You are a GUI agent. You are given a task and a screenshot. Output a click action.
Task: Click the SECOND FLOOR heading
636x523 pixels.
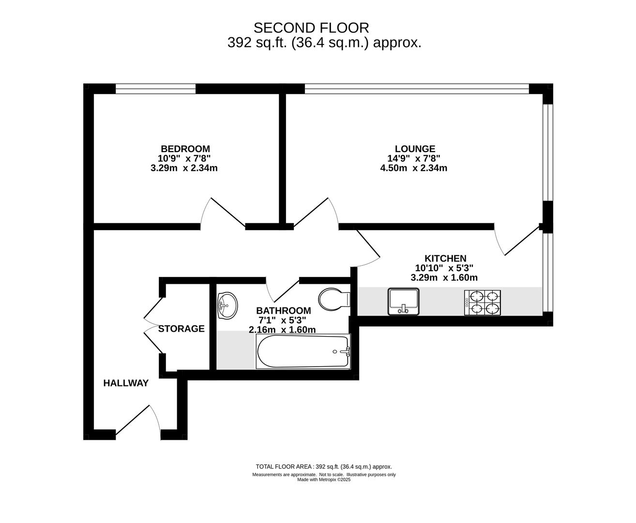311,28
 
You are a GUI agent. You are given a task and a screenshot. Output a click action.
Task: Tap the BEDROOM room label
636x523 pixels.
185,149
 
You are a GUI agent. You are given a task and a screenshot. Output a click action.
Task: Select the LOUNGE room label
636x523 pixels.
415,149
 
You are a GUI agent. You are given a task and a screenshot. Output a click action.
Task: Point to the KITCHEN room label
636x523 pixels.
445,258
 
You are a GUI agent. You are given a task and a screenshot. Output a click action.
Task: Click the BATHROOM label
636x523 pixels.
284,310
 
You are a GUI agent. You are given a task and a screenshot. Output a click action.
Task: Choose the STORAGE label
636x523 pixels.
181,329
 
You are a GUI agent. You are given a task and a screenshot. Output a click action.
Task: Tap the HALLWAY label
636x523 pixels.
126,383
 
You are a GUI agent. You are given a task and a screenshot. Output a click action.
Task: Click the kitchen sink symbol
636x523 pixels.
404,302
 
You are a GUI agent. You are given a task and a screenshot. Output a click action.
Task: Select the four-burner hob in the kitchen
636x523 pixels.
482,303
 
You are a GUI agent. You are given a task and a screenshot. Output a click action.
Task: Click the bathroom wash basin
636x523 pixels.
227,306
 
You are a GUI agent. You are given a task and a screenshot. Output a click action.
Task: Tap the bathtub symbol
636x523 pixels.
303,351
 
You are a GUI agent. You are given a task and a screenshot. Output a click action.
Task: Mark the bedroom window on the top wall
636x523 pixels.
155,89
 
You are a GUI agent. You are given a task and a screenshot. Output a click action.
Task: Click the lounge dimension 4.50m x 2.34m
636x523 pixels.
413,168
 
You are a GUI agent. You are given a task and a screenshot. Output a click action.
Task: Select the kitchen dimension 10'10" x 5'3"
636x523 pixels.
444,268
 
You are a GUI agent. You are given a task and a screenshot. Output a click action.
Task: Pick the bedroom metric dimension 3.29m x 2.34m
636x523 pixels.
184,168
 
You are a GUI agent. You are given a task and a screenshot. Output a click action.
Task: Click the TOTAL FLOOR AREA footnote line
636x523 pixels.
324,466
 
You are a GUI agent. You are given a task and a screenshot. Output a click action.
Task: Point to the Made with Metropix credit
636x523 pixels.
324,479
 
